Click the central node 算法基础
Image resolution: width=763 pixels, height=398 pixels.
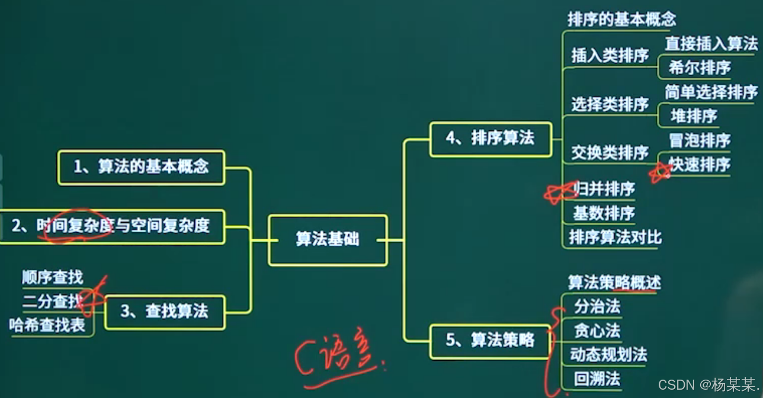[x=328, y=240]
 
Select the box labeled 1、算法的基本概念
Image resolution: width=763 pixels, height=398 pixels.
[x=141, y=167]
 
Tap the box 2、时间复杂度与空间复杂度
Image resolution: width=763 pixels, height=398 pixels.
[x=111, y=226]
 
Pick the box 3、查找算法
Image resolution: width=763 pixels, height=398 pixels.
[x=165, y=312]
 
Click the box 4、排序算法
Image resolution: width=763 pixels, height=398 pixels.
[x=490, y=139]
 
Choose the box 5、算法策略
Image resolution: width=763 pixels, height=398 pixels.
[x=490, y=341]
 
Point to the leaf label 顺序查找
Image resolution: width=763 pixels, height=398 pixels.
[x=52, y=277]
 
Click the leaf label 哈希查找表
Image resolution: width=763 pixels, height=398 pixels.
[x=47, y=325]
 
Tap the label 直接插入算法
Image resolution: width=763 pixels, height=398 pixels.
[x=711, y=43]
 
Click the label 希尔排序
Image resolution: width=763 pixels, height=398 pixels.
[x=700, y=68]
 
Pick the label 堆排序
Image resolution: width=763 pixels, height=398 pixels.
[x=694, y=116]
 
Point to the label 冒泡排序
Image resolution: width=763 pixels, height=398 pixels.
[x=700, y=140]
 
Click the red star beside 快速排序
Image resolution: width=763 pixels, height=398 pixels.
[x=660, y=172]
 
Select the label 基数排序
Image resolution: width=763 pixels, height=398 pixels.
[x=604, y=213]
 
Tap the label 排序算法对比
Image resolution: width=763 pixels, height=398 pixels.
[x=615, y=237]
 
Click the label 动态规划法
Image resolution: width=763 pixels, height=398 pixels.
[x=608, y=355]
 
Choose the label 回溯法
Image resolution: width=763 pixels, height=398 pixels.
[x=597, y=378]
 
